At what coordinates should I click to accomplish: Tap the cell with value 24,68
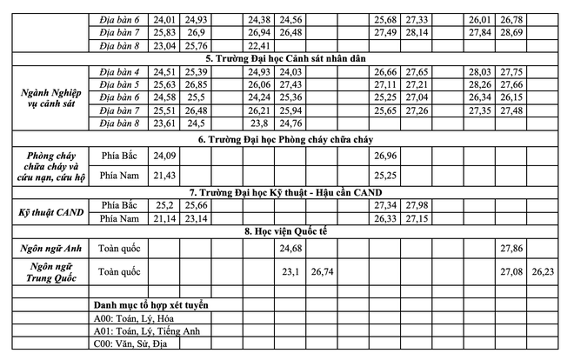click(290, 249)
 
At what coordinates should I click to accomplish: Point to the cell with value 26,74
click(323, 271)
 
